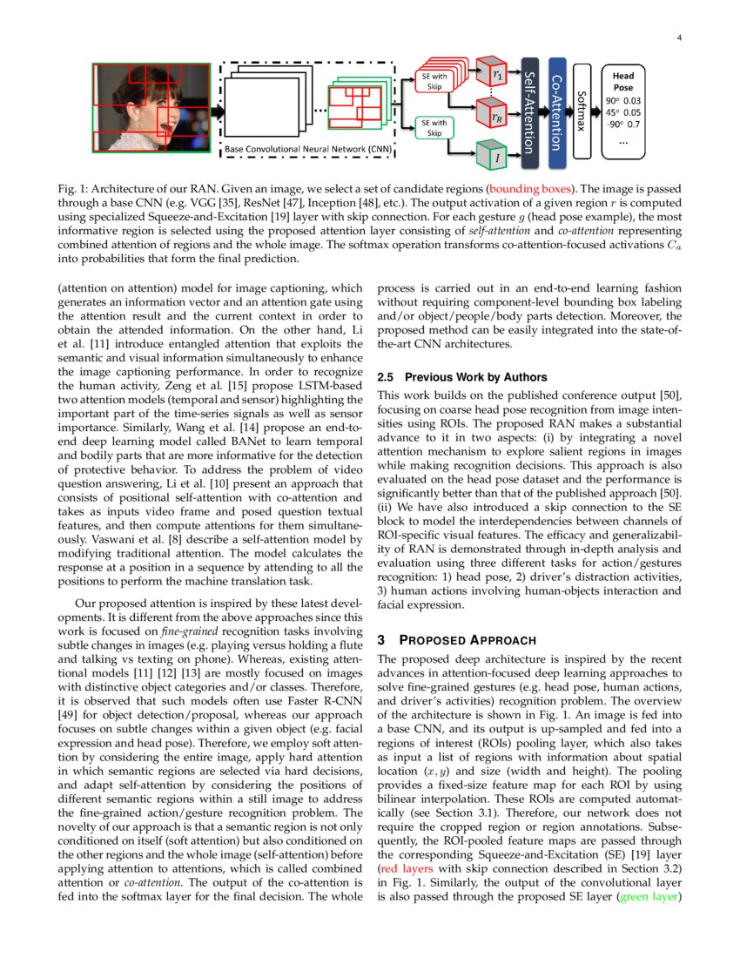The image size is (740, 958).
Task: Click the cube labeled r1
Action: (497, 76)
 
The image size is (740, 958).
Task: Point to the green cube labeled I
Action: (496, 156)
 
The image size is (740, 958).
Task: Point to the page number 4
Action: (677, 37)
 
